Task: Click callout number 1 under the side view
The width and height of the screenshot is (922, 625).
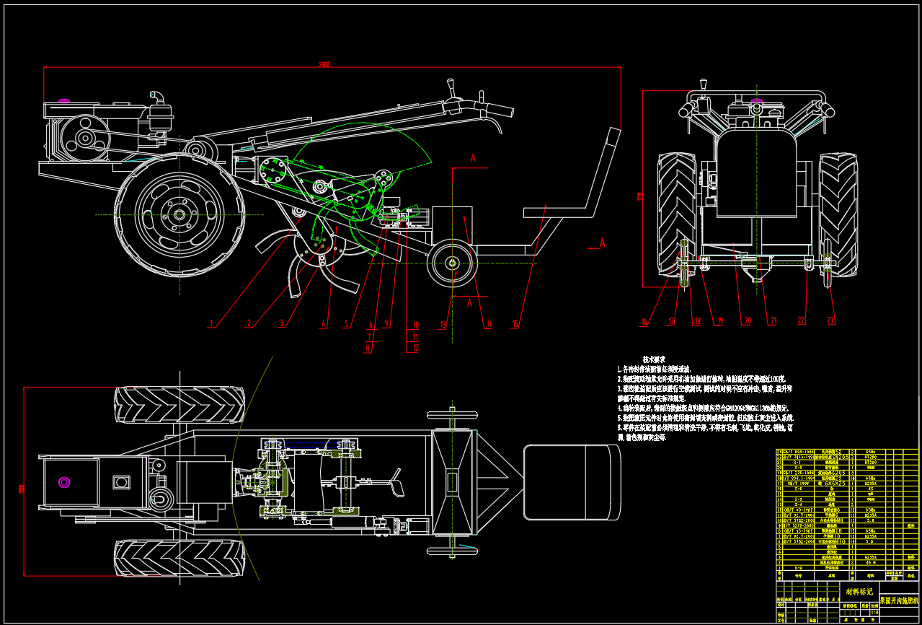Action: [211, 323]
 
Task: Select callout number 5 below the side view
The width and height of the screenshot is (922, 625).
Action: [346, 323]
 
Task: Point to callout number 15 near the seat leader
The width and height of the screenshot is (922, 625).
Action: [515, 324]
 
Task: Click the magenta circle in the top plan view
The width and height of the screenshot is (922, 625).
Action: [64, 482]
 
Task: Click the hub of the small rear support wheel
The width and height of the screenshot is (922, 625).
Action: [451, 264]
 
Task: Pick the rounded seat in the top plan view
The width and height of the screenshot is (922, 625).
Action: [571, 482]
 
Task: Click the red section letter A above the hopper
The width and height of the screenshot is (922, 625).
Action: [474, 157]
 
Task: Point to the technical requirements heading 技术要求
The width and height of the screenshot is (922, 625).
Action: [654, 359]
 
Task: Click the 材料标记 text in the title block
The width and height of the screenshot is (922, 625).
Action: [859, 591]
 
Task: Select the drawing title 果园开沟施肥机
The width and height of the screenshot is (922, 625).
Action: [899, 600]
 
